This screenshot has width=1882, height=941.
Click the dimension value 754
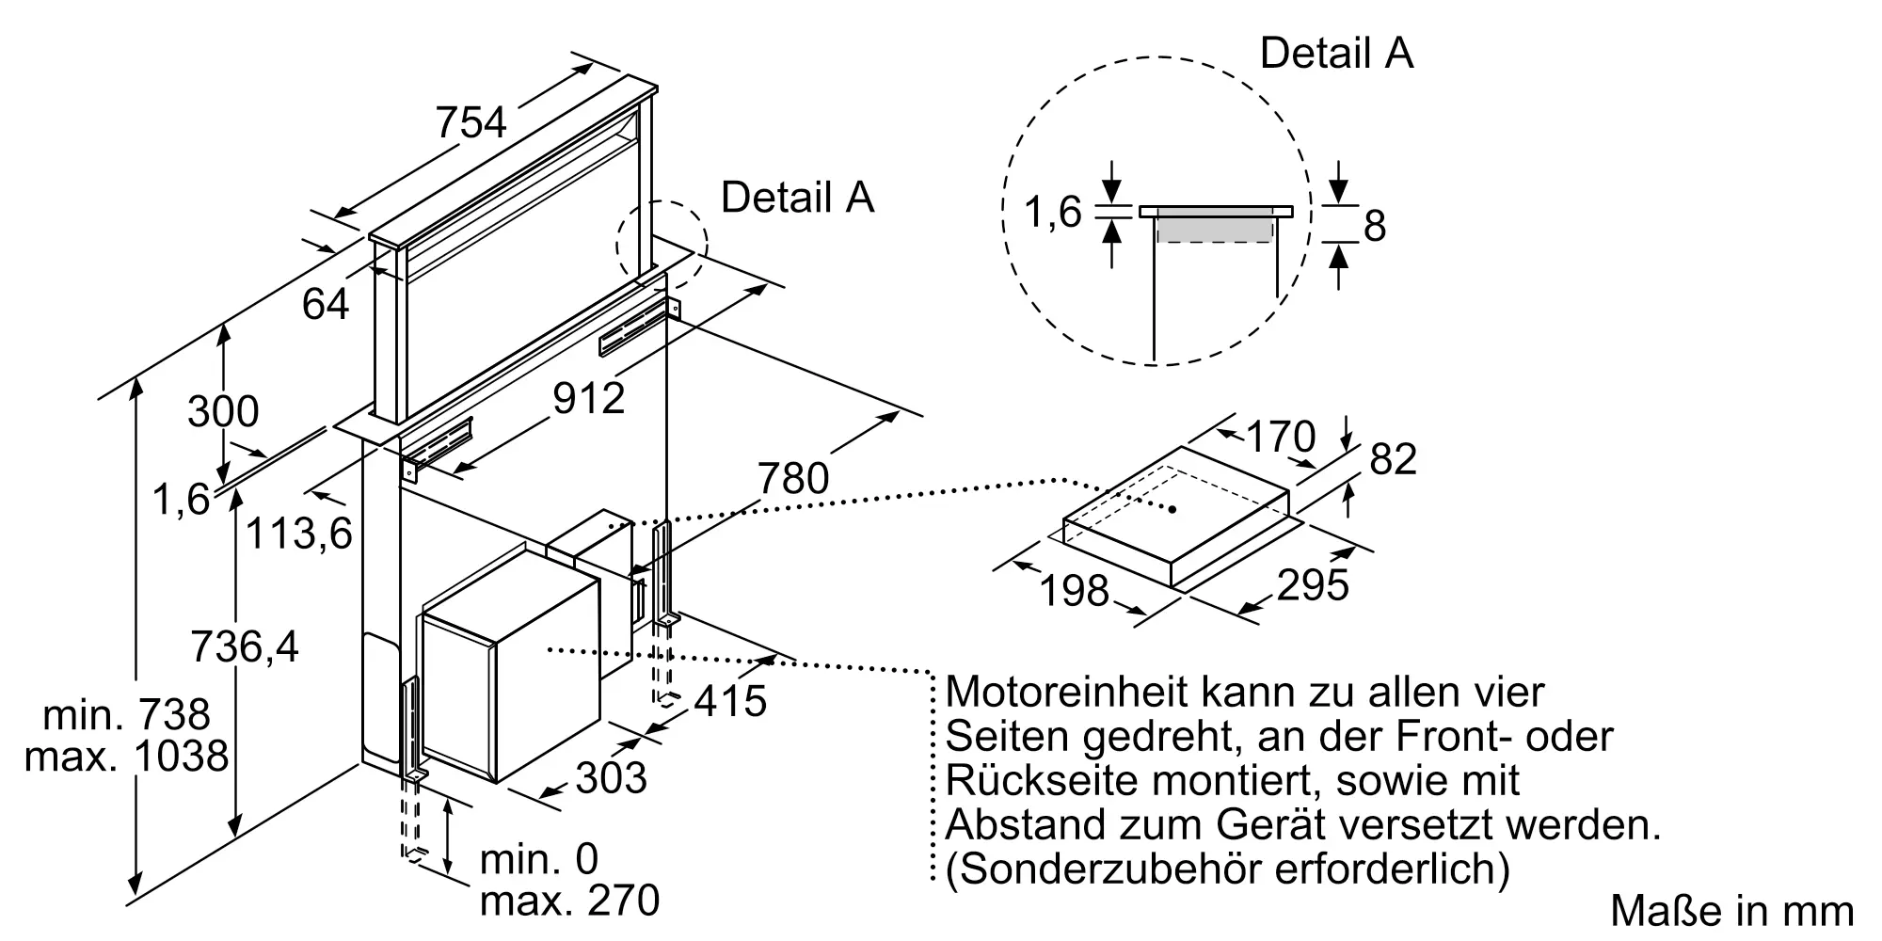point(470,123)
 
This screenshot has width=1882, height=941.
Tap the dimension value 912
point(588,398)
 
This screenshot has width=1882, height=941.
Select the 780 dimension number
point(793,478)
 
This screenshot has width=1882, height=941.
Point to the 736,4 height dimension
point(245,647)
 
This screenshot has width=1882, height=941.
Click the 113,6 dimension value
point(298,534)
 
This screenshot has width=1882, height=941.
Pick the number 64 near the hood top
point(326,304)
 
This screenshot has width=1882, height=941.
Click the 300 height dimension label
point(223,412)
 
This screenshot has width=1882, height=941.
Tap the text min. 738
point(126,715)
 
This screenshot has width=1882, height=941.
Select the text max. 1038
point(126,757)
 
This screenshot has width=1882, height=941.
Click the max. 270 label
point(569,901)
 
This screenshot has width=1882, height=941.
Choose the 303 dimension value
point(611,778)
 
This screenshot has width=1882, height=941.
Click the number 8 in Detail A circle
point(1375,227)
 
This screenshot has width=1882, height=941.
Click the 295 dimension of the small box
point(1313,585)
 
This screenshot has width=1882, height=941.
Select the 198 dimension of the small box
point(1075,591)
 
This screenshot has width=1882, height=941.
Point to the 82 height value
point(1394,460)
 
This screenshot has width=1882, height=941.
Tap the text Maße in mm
point(1731,911)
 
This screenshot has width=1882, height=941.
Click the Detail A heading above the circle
point(1336,53)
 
